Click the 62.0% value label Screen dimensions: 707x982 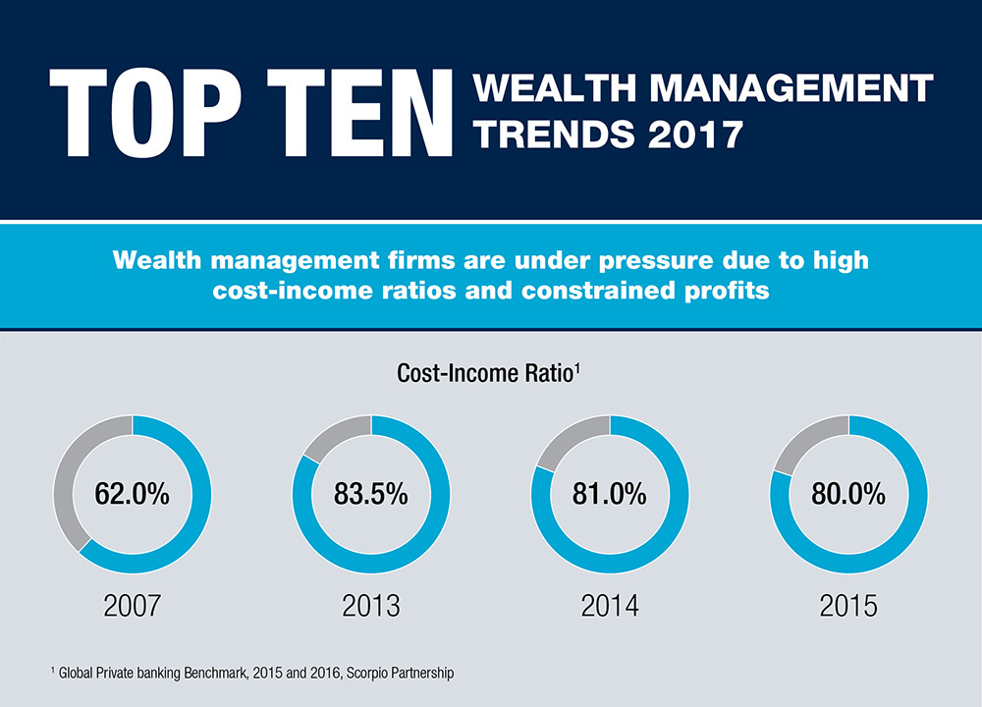point(132,494)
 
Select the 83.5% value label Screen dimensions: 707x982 point(371,494)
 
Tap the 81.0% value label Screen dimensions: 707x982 point(610,494)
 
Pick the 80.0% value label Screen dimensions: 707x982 point(849,494)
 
